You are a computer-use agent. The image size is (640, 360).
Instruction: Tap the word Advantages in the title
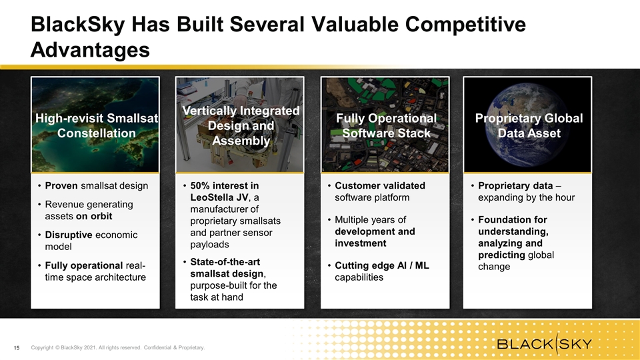click(x=90, y=50)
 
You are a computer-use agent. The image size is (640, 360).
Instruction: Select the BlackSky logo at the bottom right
click(x=544, y=343)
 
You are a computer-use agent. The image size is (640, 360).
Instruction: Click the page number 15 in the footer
click(x=17, y=348)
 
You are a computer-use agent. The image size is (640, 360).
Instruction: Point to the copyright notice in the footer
click(x=118, y=348)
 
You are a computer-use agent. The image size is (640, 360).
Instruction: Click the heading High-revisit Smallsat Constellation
click(x=96, y=126)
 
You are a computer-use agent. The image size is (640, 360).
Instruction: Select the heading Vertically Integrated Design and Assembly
click(x=241, y=126)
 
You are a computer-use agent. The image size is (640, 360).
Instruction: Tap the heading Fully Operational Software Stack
click(x=386, y=126)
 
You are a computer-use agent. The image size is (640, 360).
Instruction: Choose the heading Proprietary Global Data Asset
click(x=529, y=126)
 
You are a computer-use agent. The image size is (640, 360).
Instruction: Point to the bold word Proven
click(x=61, y=186)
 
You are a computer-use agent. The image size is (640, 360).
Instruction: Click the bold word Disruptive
click(x=69, y=235)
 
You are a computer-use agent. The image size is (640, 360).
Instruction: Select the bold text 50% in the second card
click(x=200, y=186)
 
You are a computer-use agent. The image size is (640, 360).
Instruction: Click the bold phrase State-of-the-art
click(x=225, y=262)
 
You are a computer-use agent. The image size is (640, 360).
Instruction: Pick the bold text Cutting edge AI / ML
click(x=382, y=266)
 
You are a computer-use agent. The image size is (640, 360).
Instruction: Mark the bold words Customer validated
click(x=380, y=186)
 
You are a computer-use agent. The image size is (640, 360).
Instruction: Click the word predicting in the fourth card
click(x=501, y=255)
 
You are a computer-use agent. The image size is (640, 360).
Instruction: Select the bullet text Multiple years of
click(x=370, y=220)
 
